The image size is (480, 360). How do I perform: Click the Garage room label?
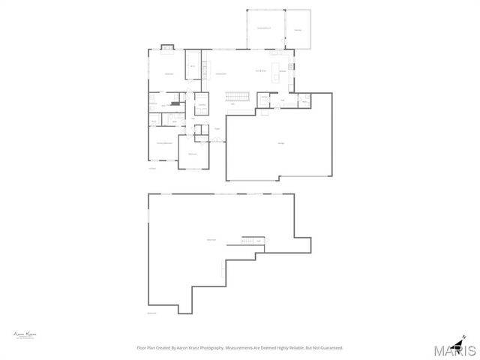(281, 143)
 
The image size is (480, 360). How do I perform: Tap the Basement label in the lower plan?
(211, 240)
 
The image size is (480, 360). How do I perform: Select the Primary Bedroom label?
(164, 142)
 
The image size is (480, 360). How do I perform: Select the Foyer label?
(217, 129)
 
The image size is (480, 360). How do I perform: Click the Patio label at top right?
(298, 30)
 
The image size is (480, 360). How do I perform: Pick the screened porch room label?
(264, 28)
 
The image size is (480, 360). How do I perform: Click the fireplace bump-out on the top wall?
(168, 50)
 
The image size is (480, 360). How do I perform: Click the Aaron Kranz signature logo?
(25, 334)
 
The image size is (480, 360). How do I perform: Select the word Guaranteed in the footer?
(331, 347)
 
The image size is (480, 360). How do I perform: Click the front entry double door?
(217, 139)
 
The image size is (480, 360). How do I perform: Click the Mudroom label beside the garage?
(283, 100)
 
